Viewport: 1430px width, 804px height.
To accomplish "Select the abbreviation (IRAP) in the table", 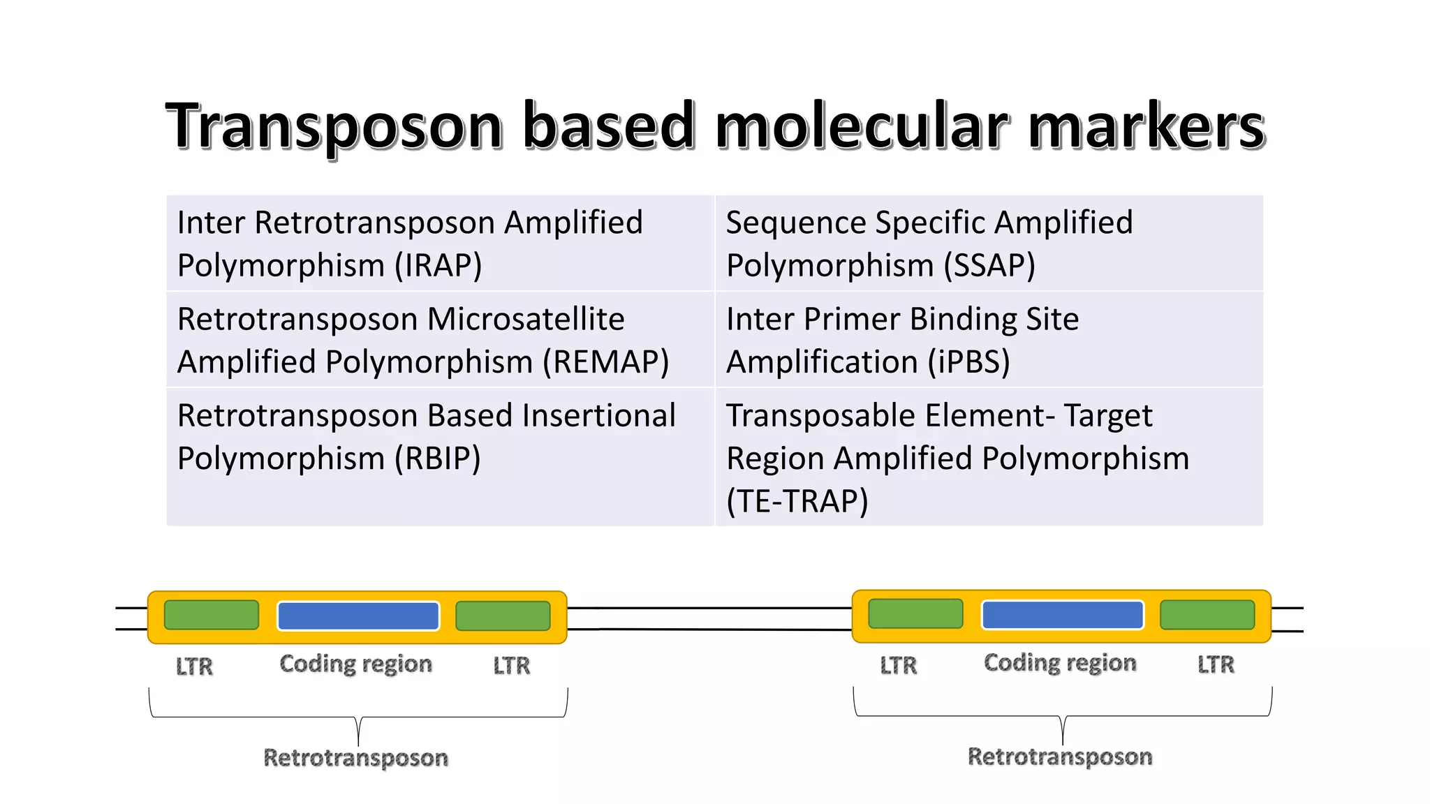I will coord(438,266).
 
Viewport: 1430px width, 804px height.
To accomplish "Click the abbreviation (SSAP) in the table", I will coord(989,266).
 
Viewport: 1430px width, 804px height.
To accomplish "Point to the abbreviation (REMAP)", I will coord(606,362).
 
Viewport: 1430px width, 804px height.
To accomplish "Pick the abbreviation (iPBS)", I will coord(968,362).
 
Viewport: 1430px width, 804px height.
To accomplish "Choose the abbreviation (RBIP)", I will coord(437,459).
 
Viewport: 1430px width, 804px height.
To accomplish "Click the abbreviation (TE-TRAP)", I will coord(797,502).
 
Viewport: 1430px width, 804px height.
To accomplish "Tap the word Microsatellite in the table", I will coord(526,319).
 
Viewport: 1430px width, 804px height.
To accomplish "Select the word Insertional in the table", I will coord(599,416).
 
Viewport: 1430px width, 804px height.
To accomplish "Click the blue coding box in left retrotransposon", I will coord(358,616).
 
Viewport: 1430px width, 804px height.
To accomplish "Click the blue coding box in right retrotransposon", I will coord(1062,615).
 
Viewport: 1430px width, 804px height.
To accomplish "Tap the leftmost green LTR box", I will coord(212,615).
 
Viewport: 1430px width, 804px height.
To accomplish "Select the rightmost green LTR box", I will coord(1207,614).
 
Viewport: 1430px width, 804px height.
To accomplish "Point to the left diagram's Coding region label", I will coord(355,664).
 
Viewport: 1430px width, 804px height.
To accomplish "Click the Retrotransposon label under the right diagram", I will coord(1059,757).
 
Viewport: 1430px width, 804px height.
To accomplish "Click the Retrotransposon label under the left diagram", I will coord(355,758).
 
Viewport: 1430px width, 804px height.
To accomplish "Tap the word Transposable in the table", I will coord(820,416).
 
